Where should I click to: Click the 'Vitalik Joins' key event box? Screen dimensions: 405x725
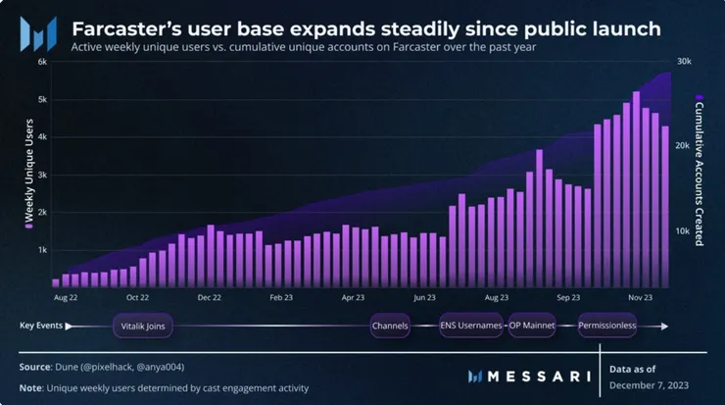click(x=143, y=325)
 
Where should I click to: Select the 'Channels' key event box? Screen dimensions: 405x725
click(x=389, y=325)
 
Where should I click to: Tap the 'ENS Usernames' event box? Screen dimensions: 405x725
click(x=470, y=325)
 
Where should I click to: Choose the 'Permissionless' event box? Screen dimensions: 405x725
click(x=607, y=325)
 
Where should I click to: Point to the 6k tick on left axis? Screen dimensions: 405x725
click(x=42, y=61)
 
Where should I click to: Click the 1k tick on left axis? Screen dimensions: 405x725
click(x=42, y=249)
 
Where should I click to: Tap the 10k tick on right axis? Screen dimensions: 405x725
click(x=683, y=231)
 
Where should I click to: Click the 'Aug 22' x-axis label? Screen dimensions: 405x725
click(x=67, y=296)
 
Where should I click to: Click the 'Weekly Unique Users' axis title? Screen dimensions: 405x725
click(x=28, y=175)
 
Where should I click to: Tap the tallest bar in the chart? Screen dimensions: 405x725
click(x=637, y=186)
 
